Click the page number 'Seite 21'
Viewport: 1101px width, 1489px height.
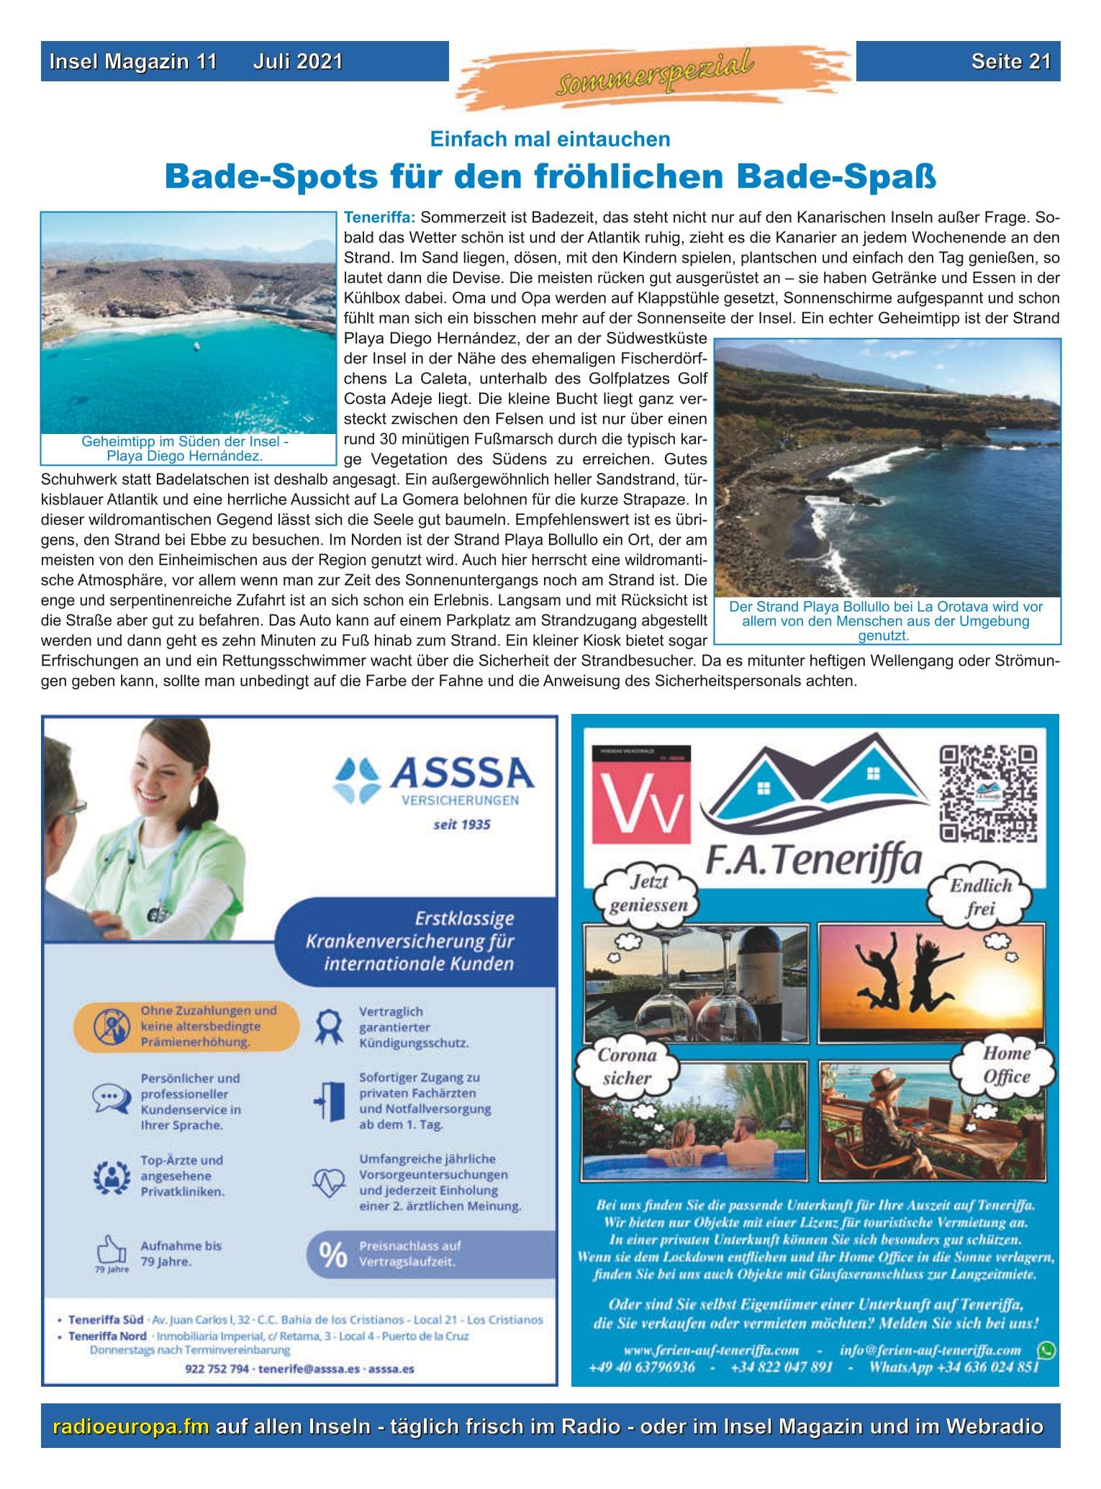point(1010,61)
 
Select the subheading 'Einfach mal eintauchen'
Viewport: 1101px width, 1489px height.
point(550,139)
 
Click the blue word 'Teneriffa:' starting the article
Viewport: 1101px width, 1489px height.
point(379,217)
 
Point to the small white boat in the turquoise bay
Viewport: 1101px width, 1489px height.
point(196,347)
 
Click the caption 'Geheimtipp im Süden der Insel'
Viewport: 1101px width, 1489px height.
point(185,441)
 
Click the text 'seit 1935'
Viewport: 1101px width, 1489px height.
point(461,825)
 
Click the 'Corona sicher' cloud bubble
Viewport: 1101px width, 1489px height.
point(627,1067)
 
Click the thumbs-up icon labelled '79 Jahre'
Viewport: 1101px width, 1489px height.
point(111,1249)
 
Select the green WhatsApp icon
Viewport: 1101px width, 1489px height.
point(1046,1351)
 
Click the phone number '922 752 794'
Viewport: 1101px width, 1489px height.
point(217,1369)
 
